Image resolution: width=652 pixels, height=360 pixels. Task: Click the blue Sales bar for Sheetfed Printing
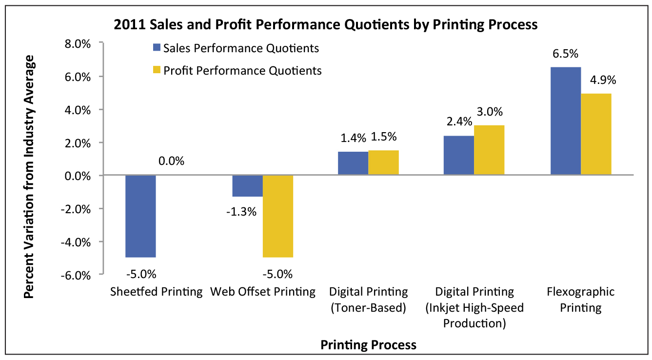point(140,216)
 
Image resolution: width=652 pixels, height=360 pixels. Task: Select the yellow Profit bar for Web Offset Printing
point(278,216)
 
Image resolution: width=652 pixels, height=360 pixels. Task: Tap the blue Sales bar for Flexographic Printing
point(566,121)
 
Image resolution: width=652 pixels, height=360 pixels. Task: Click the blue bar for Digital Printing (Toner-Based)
point(353,163)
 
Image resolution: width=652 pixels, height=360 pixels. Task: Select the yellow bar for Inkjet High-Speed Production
point(489,150)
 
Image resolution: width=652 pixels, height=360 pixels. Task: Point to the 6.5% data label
point(565,54)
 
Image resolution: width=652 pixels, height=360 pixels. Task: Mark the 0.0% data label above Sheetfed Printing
point(171,161)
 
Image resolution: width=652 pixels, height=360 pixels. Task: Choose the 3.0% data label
point(490,112)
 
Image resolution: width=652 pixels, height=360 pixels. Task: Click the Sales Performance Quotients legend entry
point(236,48)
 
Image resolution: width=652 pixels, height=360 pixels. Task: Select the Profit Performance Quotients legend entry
point(237,70)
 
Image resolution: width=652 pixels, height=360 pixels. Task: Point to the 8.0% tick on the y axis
point(78,44)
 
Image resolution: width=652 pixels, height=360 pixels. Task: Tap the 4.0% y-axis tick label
point(78,110)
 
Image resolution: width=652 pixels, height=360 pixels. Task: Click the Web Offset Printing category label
point(263,292)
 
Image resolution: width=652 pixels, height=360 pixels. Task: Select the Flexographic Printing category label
point(580,300)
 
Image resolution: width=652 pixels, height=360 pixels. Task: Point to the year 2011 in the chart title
point(126,24)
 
